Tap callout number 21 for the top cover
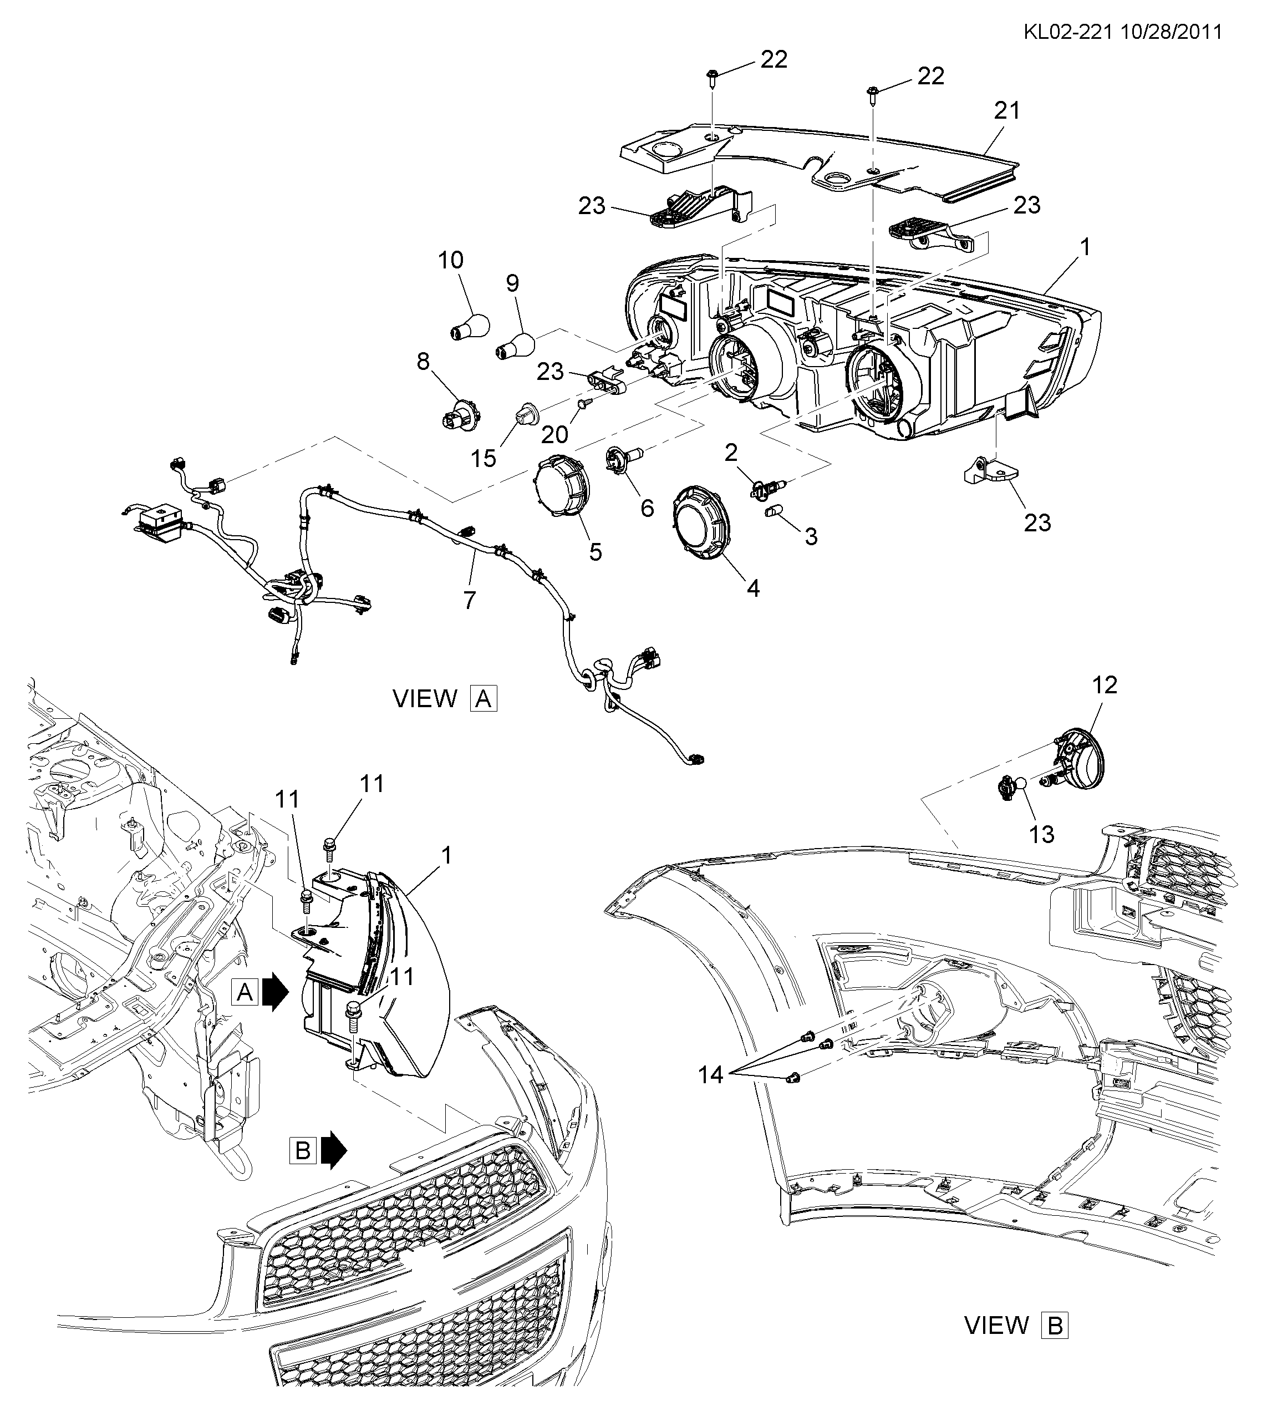1007,110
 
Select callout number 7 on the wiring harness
470,600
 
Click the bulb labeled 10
470,324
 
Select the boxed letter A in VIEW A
484,698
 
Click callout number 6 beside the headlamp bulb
647,509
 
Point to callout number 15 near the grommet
485,459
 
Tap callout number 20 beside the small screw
554,435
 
